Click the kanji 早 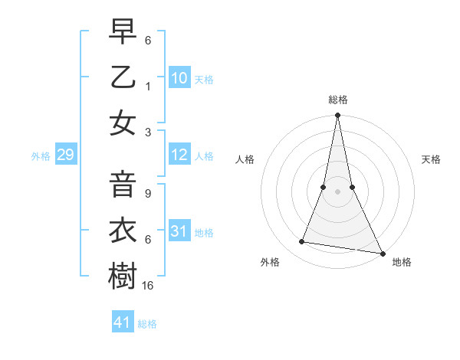point(123,32)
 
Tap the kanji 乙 point(123,77)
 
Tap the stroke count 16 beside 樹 point(149,285)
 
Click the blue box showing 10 point(179,78)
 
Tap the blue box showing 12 point(179,155)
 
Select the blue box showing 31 point(179,231)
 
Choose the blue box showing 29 point(65,155)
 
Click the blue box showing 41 point(123,322)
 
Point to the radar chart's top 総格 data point point(337,116)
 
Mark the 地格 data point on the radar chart point(381,253)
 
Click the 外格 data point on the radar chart point(302,242)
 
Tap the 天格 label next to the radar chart point(432,159)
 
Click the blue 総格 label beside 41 point(147,324)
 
